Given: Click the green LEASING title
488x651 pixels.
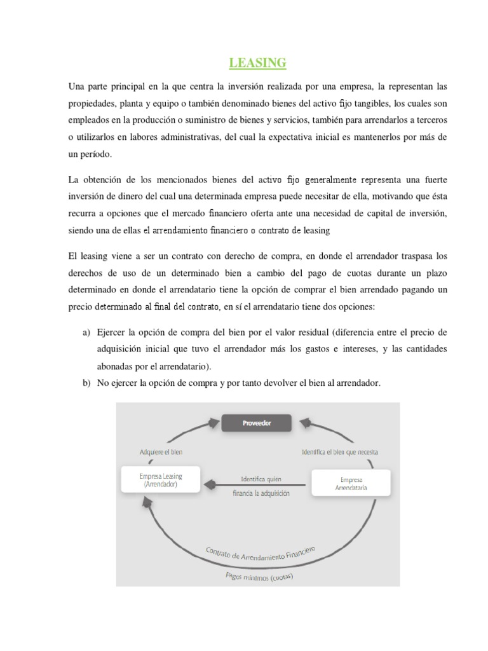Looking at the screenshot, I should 257,62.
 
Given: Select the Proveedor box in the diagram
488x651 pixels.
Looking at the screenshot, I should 256,423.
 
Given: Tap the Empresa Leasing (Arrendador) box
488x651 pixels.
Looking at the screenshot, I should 160,479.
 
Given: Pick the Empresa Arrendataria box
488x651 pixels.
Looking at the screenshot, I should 351,483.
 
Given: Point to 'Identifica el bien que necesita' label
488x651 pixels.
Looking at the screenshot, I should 339,452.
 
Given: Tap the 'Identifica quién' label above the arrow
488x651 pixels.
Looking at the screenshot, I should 261,478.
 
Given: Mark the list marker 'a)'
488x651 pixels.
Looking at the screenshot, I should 85,332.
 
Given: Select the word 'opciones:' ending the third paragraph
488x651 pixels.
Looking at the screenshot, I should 357,307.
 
